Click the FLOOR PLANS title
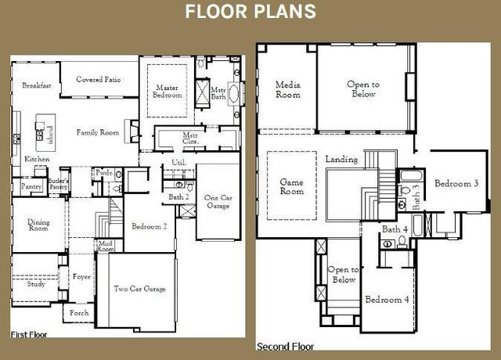tap(250, 12)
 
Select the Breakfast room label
tap(36, 85)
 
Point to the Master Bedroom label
tap(168, 92)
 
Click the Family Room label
tap(98, 133)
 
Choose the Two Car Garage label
tap(139, 289)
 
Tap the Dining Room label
tap(38, 225)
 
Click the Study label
tap(36, 284)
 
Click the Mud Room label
tap(105, 246)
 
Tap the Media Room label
tap(288, 89)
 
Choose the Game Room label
tap(292, 186)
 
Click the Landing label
tap(341, 160)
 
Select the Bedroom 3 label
tap(456, 184)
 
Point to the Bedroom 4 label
tap(387, 300)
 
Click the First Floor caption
tap(30, 334)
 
